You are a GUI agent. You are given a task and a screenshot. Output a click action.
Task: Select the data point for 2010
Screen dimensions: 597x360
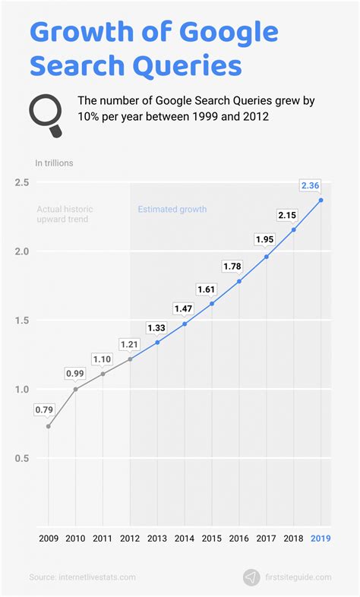pos(75,389)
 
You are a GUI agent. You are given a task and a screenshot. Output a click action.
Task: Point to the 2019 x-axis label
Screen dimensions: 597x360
pos(321,538)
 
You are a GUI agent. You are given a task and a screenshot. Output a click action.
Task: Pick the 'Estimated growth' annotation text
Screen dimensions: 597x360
pos(172,209)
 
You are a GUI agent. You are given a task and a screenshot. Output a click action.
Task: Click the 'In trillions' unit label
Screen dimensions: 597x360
pos(53,163)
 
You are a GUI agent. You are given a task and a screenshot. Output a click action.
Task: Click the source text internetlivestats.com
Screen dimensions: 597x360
pos(82,578)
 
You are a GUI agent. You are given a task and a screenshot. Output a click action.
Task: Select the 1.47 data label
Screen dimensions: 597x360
pos(184,308)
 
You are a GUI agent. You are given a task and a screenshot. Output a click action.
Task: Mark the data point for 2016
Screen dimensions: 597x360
pos(239,281)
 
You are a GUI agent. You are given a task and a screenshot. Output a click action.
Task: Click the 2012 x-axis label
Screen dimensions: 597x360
pos(130,538)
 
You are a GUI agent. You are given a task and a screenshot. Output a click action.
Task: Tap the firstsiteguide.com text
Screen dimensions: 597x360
pos(298,577)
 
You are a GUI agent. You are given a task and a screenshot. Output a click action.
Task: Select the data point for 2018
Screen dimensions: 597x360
pos(293,229)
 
